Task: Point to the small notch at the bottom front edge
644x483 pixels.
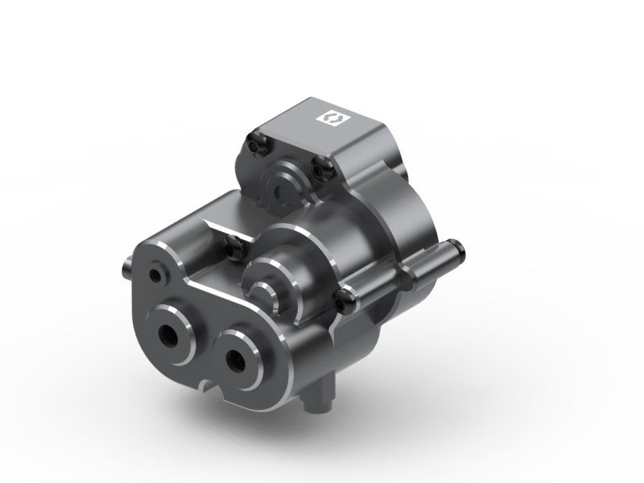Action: (211, 391)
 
